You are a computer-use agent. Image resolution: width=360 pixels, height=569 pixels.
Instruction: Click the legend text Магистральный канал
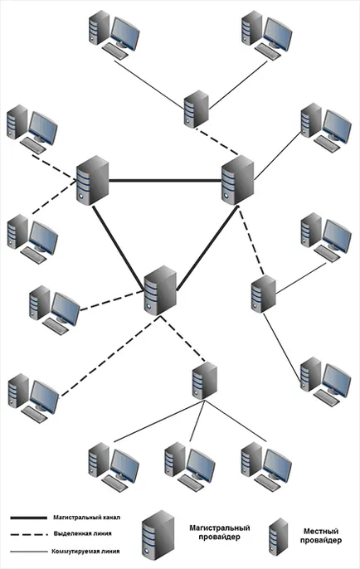86,518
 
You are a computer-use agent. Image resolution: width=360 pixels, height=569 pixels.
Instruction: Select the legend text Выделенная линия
82,534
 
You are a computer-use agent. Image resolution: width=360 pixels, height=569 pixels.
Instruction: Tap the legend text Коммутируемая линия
85,552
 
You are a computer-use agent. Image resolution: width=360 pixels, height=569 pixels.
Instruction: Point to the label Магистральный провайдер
220,532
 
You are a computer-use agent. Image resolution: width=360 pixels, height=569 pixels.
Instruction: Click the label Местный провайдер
321,536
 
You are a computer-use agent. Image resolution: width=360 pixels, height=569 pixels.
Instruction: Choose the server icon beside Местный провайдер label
278,537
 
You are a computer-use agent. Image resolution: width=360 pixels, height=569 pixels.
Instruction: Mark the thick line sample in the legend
29,518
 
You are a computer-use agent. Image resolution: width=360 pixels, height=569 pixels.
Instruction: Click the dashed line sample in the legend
29,534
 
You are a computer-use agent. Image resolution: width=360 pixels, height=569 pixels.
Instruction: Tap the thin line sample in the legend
29,552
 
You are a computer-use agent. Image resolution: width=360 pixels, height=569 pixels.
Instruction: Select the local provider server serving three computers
205,381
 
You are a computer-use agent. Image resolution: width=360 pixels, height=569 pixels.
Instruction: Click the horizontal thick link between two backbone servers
165,180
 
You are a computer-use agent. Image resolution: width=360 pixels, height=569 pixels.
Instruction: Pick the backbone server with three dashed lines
160,290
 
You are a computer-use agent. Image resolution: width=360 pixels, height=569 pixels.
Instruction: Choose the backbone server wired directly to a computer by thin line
238,180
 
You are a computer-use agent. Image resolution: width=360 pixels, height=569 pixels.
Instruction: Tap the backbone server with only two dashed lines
93,180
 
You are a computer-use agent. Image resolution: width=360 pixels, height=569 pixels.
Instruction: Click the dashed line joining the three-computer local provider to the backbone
182,339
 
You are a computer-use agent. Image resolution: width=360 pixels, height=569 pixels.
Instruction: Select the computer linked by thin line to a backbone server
326,128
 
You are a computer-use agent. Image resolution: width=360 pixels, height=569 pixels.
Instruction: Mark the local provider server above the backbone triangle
197,109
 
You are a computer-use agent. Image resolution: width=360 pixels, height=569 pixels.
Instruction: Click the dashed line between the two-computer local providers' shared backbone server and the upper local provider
217,141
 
